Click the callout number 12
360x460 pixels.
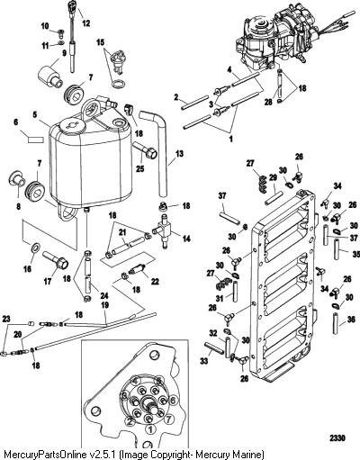pyautogui.click(x=86, y=23)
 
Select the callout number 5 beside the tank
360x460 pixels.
pyautogui.click(x=34, y=114)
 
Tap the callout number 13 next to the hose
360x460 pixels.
pyautogui.click(x=179, y=154)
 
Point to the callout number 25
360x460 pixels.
pyautogui.click(x=139, y=168)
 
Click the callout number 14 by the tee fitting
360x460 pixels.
pyautogui.click(x=186, y=239)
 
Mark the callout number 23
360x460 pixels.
pyautogui.click(x=6, y=319)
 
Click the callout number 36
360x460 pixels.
pyautogui.click(x=351, y=320)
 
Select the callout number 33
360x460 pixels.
pyautogui.click(x=204, y=362)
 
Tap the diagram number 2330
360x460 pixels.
pyautogui.click(x=337, y=438)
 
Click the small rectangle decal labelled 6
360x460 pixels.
pyautogui.click(x=36, y=140)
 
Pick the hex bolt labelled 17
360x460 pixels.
pyautogui.click(x=56, y=260)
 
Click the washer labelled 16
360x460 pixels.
pyautogui.click(x=35, y=248)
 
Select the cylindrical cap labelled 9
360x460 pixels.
pyautogui.click(x=49, y=76)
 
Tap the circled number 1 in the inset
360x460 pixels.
pyautogui.click(x=150, y=429)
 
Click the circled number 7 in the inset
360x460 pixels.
pyautogui.click(x=168, y=418)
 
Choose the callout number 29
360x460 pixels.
pyautogui.click(x=273, y=178)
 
